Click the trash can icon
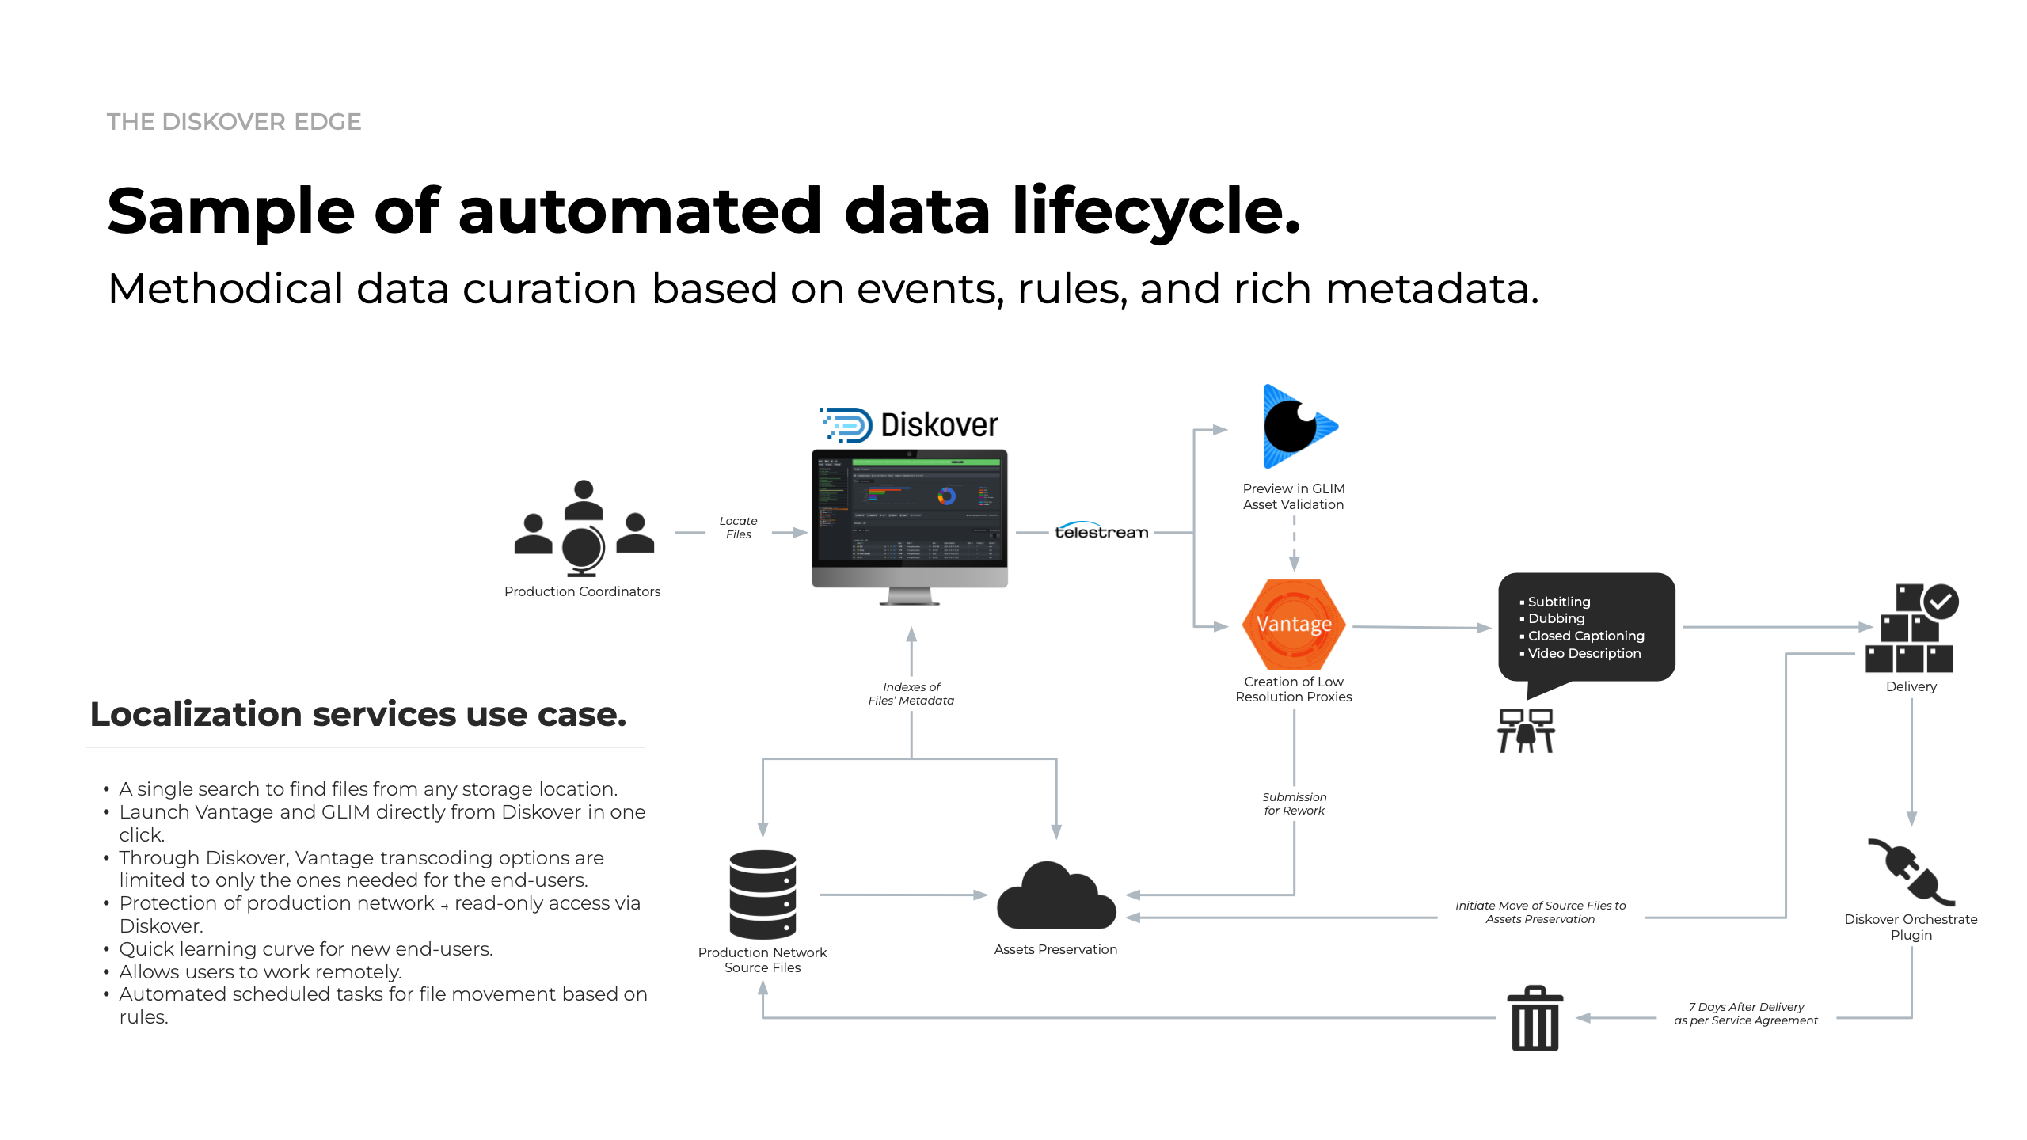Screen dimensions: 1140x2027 coord(1535,1019)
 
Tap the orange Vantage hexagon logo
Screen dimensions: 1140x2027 coord(1294,625)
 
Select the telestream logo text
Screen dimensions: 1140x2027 coord(1101,532)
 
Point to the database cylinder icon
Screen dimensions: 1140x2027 coord(763,895)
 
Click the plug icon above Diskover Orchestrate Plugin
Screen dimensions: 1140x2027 coord(1911,872)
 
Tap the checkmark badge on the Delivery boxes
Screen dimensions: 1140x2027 coord(1941,602)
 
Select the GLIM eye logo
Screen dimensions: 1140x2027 coord(1295,427)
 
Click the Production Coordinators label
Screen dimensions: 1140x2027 coord(582,591)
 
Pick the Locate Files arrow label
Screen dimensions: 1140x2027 coord(738,528)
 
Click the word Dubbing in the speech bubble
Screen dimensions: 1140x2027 coord(1556,618)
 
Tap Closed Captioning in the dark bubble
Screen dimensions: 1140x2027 coord(1585,636)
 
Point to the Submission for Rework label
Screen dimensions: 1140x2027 coord(1294,804)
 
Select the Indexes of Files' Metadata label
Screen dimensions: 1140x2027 coord(911,693)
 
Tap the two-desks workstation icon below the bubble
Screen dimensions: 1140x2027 coord(1526,731)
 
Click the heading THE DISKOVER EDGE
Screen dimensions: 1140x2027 coord(234,122)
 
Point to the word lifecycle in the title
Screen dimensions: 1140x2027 coord(1156,211)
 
